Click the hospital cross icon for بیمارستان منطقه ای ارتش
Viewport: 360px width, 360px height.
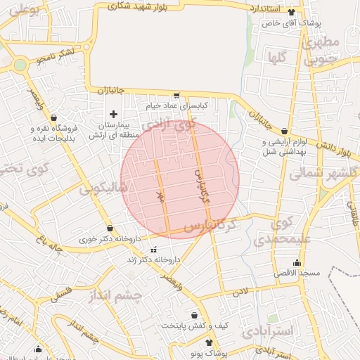113,114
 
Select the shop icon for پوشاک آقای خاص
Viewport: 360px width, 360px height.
302,12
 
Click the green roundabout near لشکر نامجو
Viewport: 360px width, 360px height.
19,65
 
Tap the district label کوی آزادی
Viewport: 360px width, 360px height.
167,126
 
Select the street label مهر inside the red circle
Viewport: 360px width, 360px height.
161,199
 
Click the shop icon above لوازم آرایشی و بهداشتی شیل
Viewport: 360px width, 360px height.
284,131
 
